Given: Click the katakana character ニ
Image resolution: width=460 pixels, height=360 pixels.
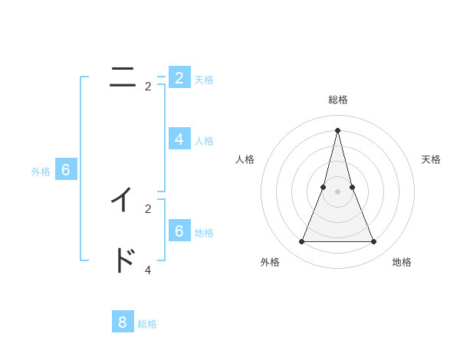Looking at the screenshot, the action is [x=123, y=77].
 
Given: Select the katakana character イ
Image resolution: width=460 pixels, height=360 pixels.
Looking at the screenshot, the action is [x=122, y=199].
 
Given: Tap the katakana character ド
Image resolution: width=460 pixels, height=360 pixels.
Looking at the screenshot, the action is [x=123, y=260].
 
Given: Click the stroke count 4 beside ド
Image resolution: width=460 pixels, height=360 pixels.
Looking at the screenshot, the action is [x=148, y=270].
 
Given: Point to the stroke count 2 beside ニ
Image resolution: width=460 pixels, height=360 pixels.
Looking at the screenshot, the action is [x=148, y=87].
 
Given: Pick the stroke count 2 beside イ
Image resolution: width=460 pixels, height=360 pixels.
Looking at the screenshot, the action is [x=148, y=208].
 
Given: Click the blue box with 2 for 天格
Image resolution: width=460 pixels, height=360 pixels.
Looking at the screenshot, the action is [x=179, y=77].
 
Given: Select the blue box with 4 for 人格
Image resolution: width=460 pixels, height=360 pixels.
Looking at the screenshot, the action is [x=179, y=139].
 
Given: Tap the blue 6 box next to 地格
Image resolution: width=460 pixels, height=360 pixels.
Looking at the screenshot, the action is [x=179, y=231].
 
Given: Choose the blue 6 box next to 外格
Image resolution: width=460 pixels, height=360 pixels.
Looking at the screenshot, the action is [x=66, y=170].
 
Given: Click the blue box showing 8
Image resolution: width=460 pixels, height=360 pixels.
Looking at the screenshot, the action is [x=123, y=322].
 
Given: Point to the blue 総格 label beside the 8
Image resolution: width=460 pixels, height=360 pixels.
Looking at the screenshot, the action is [x=147, y=324].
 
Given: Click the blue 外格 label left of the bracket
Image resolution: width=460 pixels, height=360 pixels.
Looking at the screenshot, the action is [x=41, y=172].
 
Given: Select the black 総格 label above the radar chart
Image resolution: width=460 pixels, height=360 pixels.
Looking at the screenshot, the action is [x=338, y=100].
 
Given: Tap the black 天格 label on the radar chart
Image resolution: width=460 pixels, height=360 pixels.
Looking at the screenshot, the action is [x=431, y=159].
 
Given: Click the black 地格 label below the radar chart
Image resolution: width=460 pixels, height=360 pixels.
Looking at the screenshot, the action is [x=402, y=262].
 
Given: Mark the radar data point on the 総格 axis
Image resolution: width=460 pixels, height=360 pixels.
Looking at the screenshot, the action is [x=337, y=129].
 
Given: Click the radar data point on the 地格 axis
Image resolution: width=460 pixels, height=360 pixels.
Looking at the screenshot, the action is [x=374, y=242].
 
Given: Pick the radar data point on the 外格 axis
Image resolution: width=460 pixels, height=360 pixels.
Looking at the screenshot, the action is [x=301, y=242].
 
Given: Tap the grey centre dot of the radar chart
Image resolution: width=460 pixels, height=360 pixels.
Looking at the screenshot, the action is [x=337, y=191].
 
